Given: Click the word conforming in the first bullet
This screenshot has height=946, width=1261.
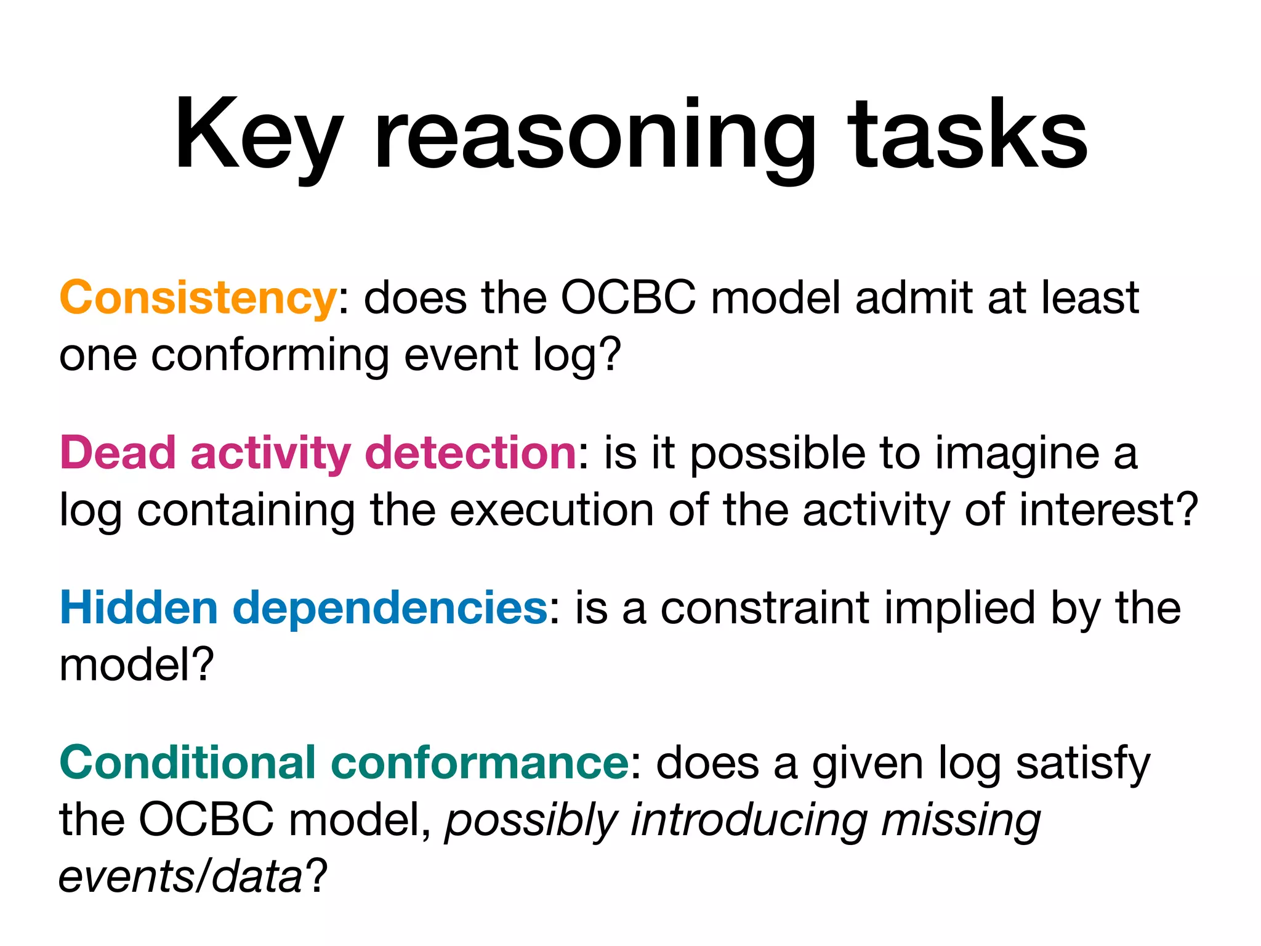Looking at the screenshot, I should (270, 355).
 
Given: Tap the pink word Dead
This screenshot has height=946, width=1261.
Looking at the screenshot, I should (118, 453).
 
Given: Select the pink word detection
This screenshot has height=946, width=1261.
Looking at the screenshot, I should (470, 453).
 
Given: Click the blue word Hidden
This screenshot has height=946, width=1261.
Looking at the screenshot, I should (139, 608).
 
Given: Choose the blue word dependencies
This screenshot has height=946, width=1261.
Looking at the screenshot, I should (390, 608).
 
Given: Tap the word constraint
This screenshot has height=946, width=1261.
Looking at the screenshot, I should (765, 608).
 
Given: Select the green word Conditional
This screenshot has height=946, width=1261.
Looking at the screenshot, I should (187, 763).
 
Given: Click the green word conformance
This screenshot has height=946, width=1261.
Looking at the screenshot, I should (479, 763).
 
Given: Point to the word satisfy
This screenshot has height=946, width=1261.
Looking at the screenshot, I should (1082, 763).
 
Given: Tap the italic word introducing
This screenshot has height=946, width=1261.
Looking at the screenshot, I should (748, 820).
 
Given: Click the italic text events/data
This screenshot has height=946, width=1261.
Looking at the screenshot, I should (180, 877).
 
